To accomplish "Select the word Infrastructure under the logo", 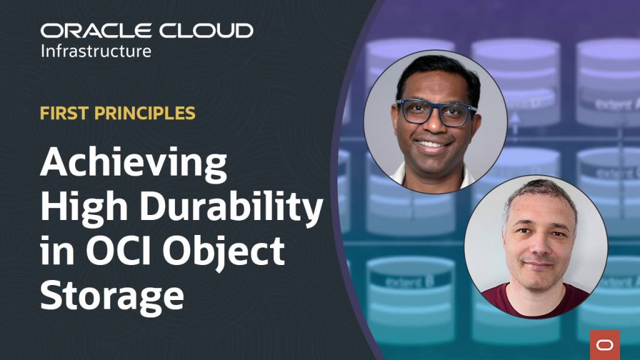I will [x=96, y=51].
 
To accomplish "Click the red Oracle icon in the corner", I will [x=605, y=345].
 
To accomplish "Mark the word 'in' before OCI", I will [x=57, y=251].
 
